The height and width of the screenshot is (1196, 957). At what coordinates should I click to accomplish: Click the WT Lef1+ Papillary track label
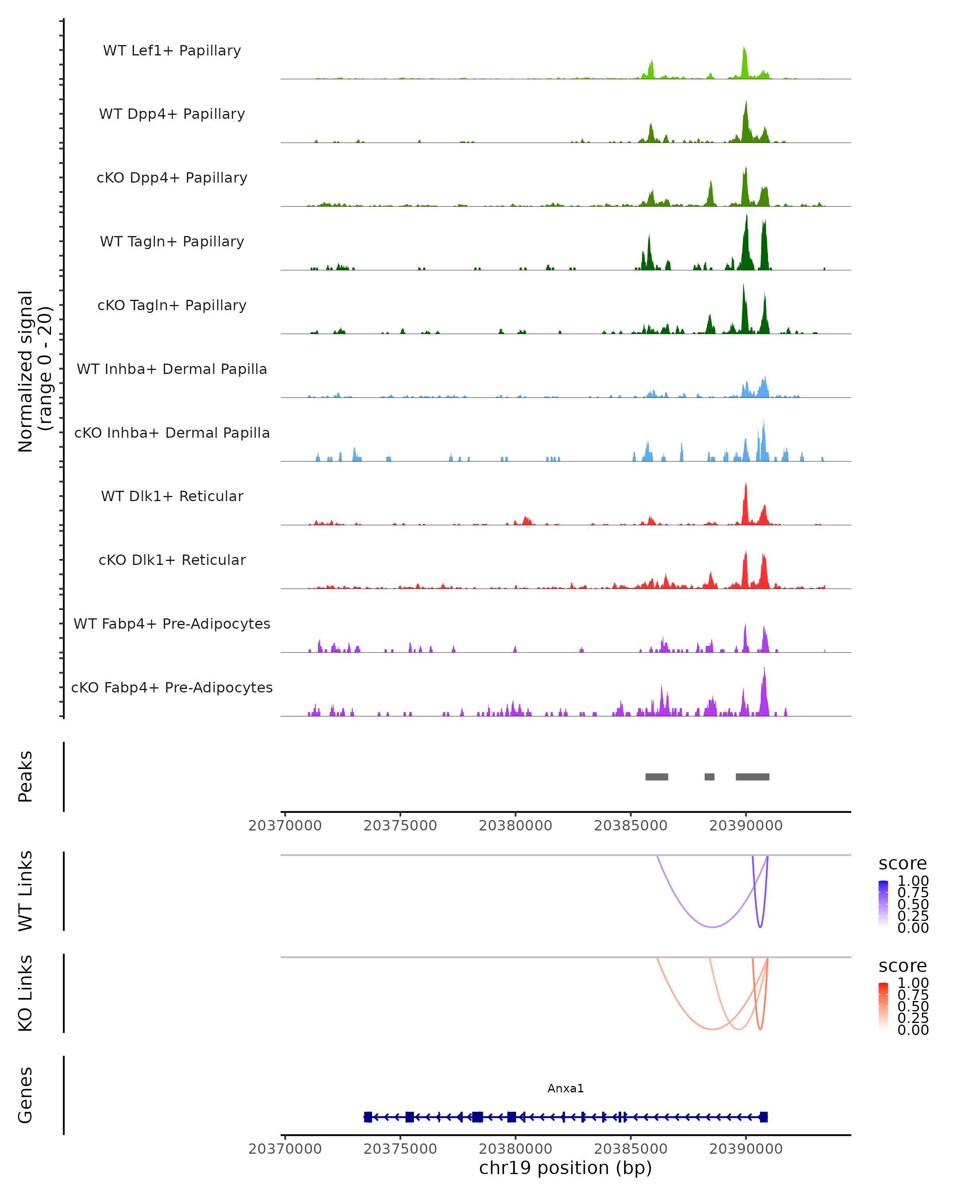[x=172, y=51]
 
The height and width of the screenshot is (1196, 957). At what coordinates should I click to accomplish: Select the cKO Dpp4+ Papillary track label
[x=172, y=178]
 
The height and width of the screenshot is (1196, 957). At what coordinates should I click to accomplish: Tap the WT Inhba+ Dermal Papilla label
[x=172, y=370]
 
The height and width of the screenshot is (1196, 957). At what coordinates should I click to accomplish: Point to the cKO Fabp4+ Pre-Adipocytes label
[x=172, y=688]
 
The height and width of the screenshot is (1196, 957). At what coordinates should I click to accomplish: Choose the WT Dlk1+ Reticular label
[x=172, y=496]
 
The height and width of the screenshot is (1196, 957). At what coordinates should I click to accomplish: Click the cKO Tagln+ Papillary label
[x=172, y=306]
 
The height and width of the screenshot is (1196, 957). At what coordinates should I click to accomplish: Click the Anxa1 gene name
[x=565, y=1088]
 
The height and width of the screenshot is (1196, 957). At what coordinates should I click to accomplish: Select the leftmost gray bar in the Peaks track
[x=656, y=777]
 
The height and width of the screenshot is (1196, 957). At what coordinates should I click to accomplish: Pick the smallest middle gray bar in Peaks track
[x=709, y=777]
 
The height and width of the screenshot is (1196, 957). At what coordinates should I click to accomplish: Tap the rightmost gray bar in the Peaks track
[x=752, y=777]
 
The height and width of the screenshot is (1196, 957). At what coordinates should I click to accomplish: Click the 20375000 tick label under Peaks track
[x=400, y=826]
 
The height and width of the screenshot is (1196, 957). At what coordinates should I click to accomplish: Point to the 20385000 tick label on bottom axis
[x=630, y=1149]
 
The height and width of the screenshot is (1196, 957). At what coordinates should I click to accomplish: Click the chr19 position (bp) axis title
[x=565, y=1168]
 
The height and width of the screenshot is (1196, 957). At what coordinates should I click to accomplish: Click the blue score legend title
[x=903, y=864]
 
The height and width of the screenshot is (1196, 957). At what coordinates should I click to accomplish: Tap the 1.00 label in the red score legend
[x=913, y=983]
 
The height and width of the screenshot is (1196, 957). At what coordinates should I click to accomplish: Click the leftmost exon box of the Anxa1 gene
[x=368, y=1117]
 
